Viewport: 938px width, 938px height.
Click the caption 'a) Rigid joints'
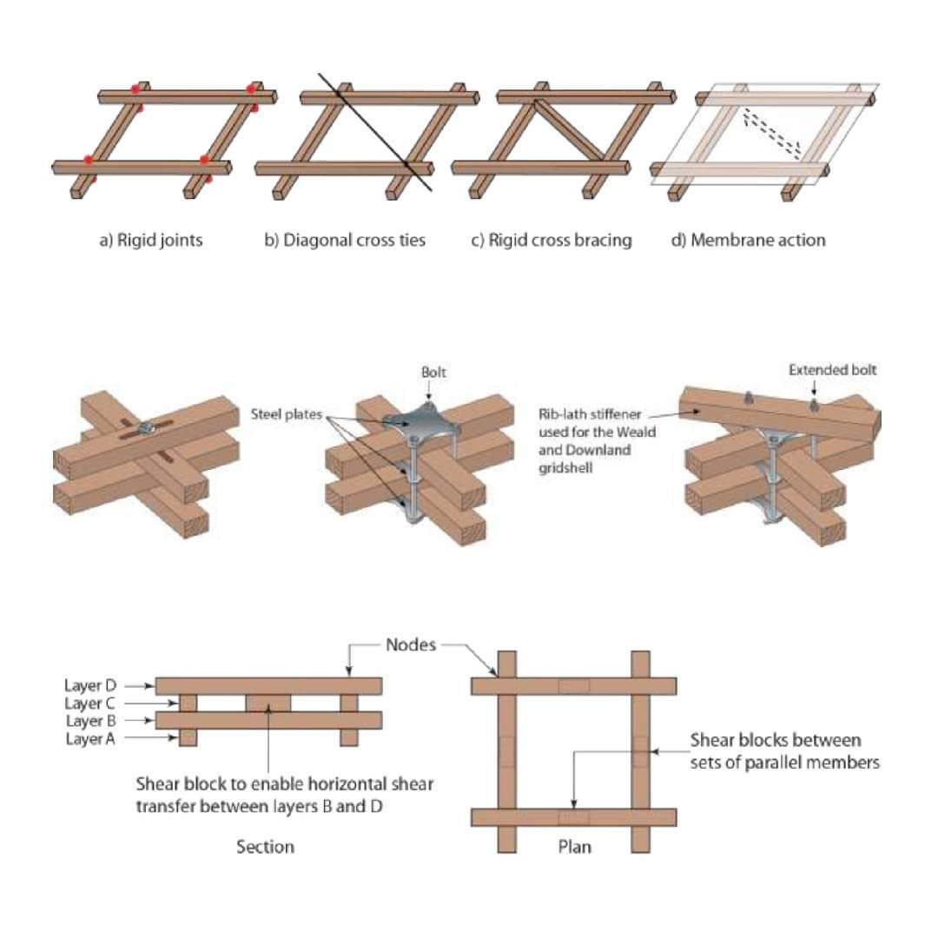click(x=150, y=240)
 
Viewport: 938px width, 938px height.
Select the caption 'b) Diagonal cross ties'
click(x=345, y=240)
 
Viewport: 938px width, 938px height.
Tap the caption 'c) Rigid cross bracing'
click(x=551, y=240)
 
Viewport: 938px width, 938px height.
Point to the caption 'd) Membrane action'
click(x=748, y=240)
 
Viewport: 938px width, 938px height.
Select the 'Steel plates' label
click(x=287, y=414)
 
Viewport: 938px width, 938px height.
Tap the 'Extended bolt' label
click(x=832, y=370)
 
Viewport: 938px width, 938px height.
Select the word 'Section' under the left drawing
click(x=265, y=846)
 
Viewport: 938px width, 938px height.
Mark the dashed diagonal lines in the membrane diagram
click(x=771, y=132)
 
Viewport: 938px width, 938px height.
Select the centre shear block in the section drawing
click(x=270, y=703)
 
